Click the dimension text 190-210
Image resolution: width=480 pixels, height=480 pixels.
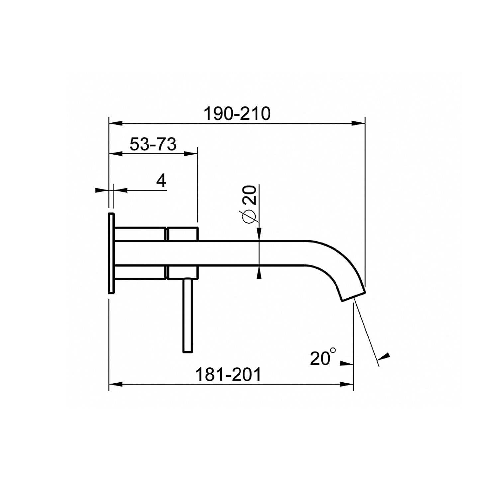(x=237, y=114)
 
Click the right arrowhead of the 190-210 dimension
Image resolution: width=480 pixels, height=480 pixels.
(x=359, y=123)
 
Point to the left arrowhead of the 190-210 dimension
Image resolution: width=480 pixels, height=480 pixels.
(x=116, y=123)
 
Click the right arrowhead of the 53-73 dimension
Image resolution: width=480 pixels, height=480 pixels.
(x=191, y=153)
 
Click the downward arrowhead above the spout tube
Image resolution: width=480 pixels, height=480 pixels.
(x=259, y=234)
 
